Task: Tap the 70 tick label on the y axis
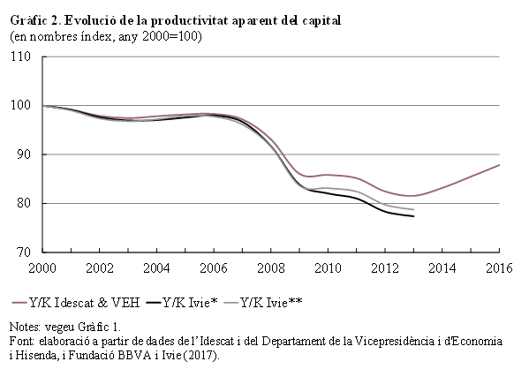coord(23,252)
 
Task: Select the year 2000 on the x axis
coord(43,267)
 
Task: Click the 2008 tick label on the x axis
coord(271,267)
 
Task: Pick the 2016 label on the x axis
coord(499,267)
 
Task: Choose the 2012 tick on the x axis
coord(385,267)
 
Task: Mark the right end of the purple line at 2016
coord(499,165)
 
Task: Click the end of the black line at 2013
coord(413,216)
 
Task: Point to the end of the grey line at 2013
coord(413,210)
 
